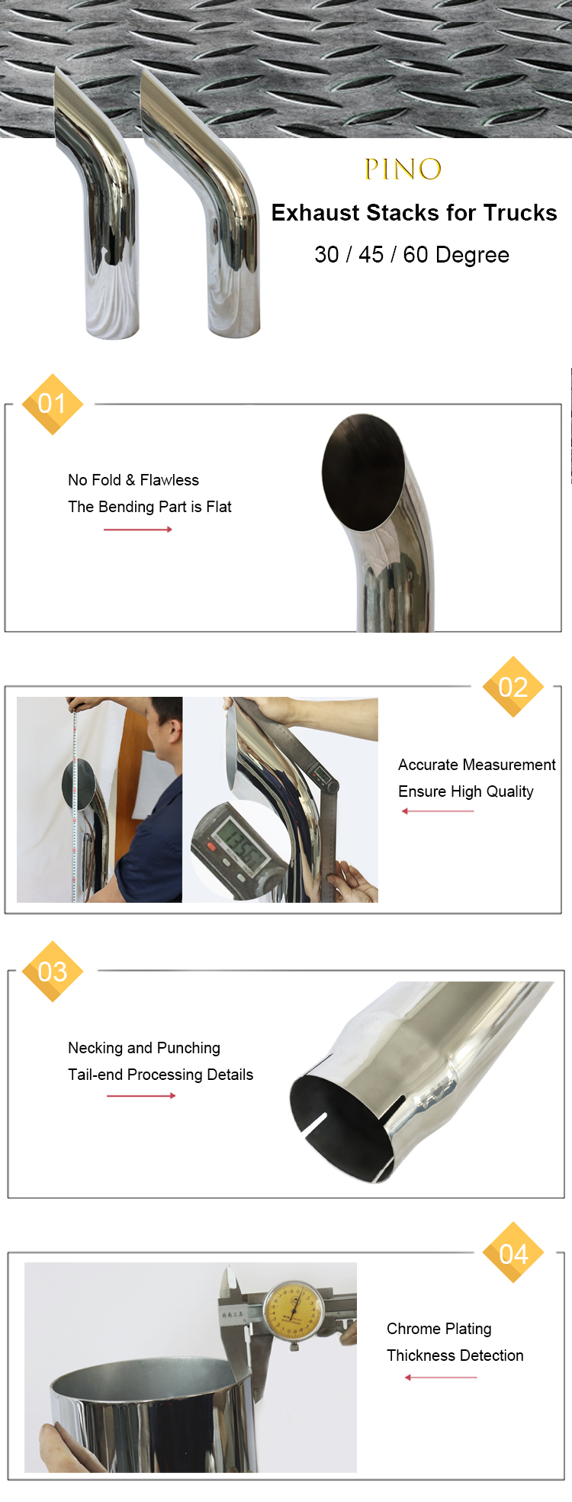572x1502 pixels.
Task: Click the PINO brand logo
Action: [x=403, y=169]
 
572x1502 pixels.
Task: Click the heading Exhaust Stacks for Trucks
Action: [x=414, y=213]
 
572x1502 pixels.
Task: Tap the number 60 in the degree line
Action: [x=416, y=255]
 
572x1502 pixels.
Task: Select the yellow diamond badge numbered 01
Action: [x=52, y=404]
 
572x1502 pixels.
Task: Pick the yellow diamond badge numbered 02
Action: [x=513, y=687]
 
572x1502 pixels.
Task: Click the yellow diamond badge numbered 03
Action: [x=52, y=972]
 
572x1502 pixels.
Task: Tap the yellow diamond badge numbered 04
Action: [x=513, y=1253]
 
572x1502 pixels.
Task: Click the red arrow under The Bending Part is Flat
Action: [x=138, y=530]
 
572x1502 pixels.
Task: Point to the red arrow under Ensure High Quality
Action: [x=438, y=811]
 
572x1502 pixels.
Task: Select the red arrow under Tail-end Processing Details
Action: [x=141, y=1096]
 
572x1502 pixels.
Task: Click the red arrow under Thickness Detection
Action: [x=441, y=1378]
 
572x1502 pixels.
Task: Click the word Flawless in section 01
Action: [x=169, y=480]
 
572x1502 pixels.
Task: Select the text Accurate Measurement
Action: [x=477, y=765]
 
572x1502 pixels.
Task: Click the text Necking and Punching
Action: [x=144, y=1048]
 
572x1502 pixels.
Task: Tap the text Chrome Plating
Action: [x=439, y=1329]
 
